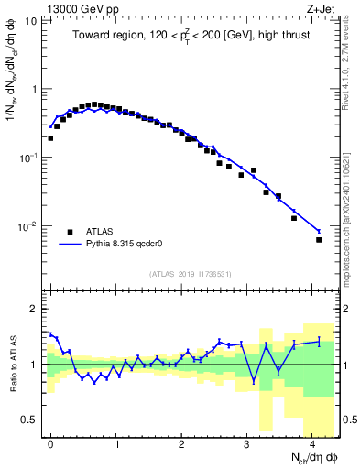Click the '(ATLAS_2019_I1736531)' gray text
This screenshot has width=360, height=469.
[x=190, y=274]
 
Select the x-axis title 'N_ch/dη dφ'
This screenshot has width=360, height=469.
[x=311, y=456]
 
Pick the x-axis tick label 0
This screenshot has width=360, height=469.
[x=50, y=441]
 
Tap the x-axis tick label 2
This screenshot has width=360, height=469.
[x=181, y=441]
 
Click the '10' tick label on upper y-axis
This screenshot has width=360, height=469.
[x=31, y=19]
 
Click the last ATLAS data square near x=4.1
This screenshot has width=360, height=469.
[x=319, y=240]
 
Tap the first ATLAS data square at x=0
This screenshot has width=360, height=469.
[x=50, y=138]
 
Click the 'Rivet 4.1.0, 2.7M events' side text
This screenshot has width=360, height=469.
[x=351, y=57]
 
